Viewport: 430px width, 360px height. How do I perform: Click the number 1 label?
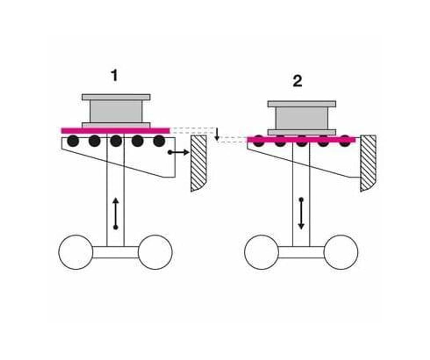pyautogui.click(x=115, y=75)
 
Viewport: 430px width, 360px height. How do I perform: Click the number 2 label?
pyautogui.click(x=297, y=81)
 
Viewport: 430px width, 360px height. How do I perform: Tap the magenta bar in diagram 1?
pyautogui.click(x=115, y=131)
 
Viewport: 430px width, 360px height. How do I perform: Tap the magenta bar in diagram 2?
pyautogui.click(x=301, y=140)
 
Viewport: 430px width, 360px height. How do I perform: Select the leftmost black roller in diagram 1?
pyautogui.click(x=73, y=141)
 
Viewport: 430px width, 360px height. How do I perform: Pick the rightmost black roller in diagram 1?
pyautogui.click(x=159, y=141)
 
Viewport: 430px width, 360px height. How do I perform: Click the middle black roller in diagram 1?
pyautogui.click(x=116, y=141)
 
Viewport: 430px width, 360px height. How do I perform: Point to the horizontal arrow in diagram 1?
pyautogui.click(x=179, y=152)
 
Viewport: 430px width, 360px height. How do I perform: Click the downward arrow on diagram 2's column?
pyautogui.click(x=301, y=214)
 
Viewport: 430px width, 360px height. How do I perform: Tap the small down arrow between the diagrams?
pyautogui.click(x=217, y=134)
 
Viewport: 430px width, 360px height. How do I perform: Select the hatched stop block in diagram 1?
pyautogui.click(x=199, y=163)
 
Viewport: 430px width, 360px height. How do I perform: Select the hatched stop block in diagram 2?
pyautogui.click(x=368, y=163)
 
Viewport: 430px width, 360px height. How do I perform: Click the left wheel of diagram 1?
pyautogui.click(x=76, y=252)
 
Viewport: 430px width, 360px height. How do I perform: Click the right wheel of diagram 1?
pyautogui.click(x=155, y=252)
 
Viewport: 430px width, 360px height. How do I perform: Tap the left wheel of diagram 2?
pyautogui.click(x=262, y=252)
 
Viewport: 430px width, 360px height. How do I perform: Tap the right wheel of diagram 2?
pyautogui.click(x=341, y=252)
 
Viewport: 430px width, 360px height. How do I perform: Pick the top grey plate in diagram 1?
pyautogui.click(x=116, y=97)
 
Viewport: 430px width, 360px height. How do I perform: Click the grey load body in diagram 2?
pyautogui.click(x=302, y=118)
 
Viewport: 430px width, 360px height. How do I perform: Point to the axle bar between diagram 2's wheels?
pyautogui.click(x=301, y=252)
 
